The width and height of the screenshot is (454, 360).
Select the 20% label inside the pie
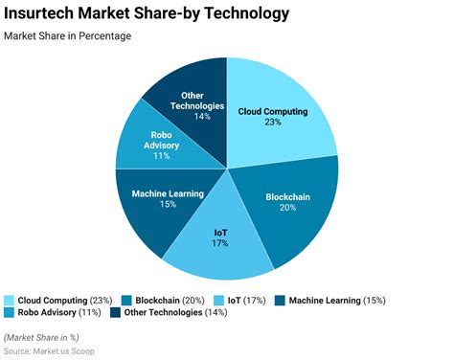(287, 209)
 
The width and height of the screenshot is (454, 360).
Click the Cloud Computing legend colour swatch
(10, 300)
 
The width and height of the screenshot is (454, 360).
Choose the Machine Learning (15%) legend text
(336, 300)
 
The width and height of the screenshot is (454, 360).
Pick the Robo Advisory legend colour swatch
(10, 313)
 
